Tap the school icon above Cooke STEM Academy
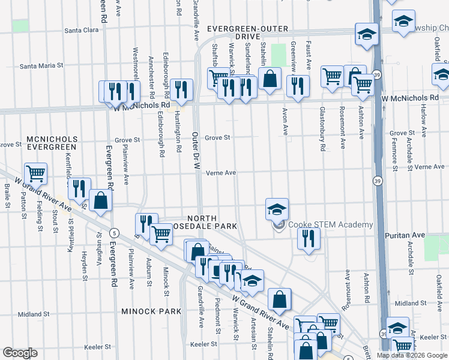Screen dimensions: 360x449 (x=277, y=209)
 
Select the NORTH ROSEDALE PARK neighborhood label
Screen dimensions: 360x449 (x=212, y=222)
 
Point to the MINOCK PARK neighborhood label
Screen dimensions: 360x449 (x=151, y=311)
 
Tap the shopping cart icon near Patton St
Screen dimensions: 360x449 (x=36, y=174)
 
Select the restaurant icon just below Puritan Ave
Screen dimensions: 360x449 (x=309, y=238)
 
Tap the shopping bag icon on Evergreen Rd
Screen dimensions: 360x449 (x=101, y=201)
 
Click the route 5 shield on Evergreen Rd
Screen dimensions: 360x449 (x=113, y=232)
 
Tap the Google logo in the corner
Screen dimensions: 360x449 (x=20, y=353)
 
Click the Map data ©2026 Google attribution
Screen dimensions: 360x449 (x=412, y=355)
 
